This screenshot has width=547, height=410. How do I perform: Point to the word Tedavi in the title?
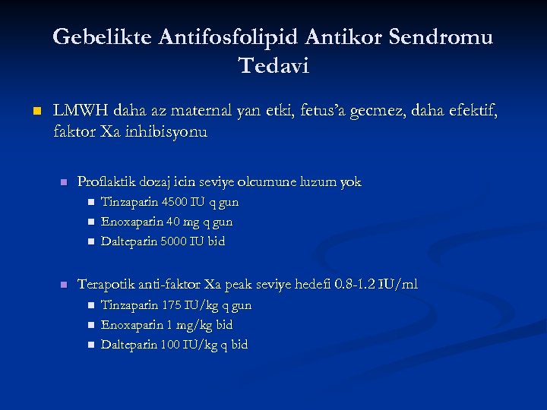(x=273, y=66)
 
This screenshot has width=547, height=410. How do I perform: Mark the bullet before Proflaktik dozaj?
(x=64, y=183)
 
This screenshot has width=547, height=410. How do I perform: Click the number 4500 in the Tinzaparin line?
(x=173, y=203)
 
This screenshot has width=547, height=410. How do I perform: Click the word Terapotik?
(x=108, y=284)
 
